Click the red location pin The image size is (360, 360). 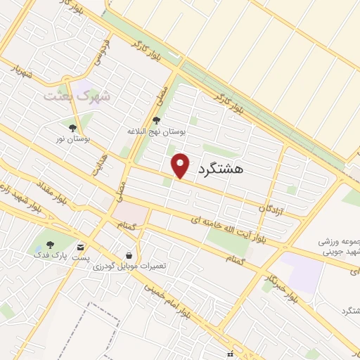click(181, 165)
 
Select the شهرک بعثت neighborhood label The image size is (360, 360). click(68, 95)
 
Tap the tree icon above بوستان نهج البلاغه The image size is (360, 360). click(156, 120)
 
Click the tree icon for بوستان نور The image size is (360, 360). click(72, 127)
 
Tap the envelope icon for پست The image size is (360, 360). click(83, 247)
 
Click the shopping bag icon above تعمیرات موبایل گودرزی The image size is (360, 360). click(128, 255)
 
